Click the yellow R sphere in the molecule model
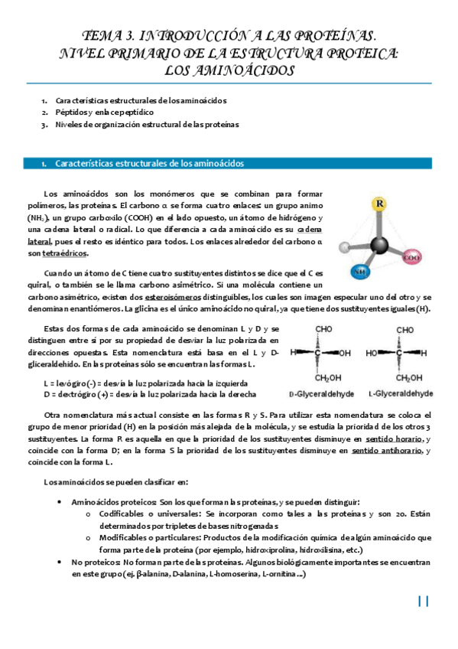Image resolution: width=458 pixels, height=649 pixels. (380, 204)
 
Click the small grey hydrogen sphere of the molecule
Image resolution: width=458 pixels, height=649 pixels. (345, 246)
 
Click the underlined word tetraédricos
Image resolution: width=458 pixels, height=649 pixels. (64, 253)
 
